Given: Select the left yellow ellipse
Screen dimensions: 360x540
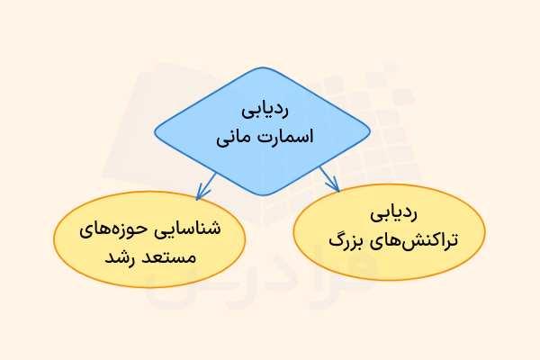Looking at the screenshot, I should click(148, 241).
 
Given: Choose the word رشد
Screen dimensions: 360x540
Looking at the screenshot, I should click(118, 257).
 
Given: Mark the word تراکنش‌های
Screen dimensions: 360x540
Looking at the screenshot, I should click(415, 242).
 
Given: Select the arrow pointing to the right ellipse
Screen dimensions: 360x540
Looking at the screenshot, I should click(329, 180).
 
